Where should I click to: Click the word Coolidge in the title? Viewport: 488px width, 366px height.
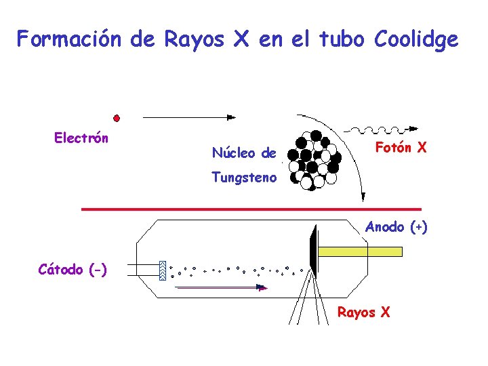(415, 40)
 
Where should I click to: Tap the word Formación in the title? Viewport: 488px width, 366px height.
(69, 40)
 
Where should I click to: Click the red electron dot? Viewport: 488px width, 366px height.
(117, 118)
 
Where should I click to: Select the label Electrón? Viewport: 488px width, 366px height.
(81, 138)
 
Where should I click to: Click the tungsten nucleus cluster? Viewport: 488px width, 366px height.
(314, 159)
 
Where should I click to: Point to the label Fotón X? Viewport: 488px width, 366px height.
(401, 147)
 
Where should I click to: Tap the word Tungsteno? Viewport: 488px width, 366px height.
(244, 178)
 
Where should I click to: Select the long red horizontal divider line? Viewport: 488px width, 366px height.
(251, 209)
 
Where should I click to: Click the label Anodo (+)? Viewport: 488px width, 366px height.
(396, 227)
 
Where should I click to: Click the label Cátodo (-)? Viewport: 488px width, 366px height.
(73, 269)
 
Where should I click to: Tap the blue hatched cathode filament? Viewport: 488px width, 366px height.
(163, 270)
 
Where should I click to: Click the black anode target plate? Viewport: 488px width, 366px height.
(313, 251)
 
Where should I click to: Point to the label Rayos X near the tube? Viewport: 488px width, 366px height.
(364, 312)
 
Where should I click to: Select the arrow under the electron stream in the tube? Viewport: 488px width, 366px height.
(220, 287)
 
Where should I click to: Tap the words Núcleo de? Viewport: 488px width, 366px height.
(244, 152)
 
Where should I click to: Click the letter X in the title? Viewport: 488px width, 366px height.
(241, 40)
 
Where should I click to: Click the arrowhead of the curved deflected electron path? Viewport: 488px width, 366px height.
(363, 197)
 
